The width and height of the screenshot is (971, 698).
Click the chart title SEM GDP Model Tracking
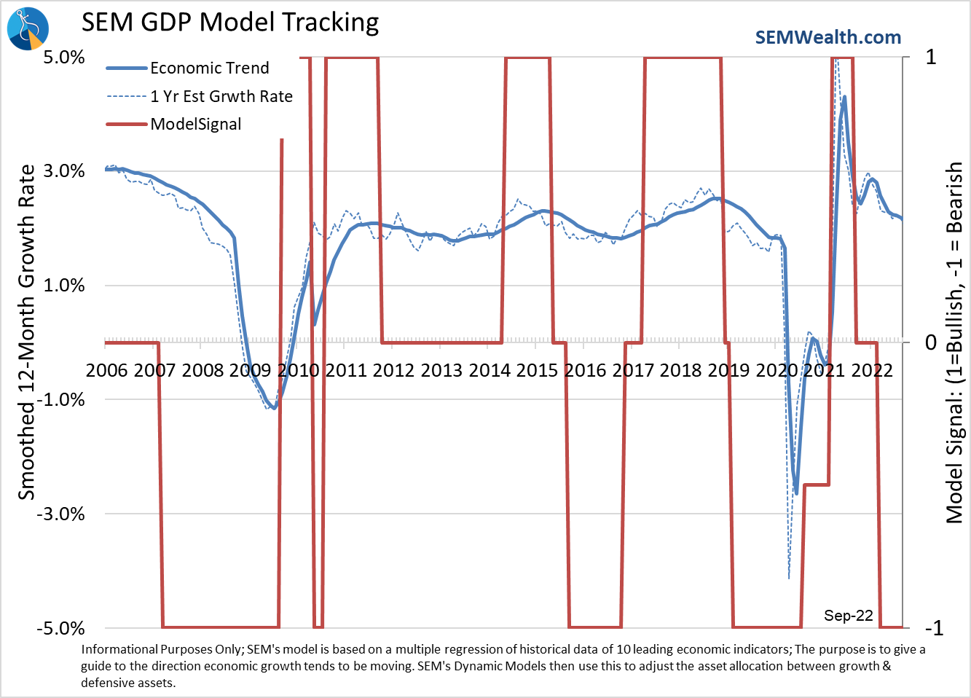230,23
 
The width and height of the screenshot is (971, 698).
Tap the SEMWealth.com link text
827,38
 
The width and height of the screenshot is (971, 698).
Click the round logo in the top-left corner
28,28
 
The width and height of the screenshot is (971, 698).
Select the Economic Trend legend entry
209,68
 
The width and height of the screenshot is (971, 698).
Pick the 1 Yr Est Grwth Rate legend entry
221,96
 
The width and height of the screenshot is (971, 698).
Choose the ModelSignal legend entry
195,124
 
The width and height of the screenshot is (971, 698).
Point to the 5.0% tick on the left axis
64,57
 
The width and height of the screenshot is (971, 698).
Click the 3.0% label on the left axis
64,171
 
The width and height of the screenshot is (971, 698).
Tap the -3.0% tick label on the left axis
61,514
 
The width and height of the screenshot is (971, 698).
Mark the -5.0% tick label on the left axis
61,628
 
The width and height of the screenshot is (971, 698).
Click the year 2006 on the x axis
106,370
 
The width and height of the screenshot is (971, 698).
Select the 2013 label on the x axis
441,370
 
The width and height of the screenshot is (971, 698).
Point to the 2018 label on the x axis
680,370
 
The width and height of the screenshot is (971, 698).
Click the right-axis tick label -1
933,628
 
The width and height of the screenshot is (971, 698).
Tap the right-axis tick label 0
931,342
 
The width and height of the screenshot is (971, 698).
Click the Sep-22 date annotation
848,616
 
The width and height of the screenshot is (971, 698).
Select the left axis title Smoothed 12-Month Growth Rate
26,332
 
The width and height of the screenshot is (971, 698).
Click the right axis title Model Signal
954,342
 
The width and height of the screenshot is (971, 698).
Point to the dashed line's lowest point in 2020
789,579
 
